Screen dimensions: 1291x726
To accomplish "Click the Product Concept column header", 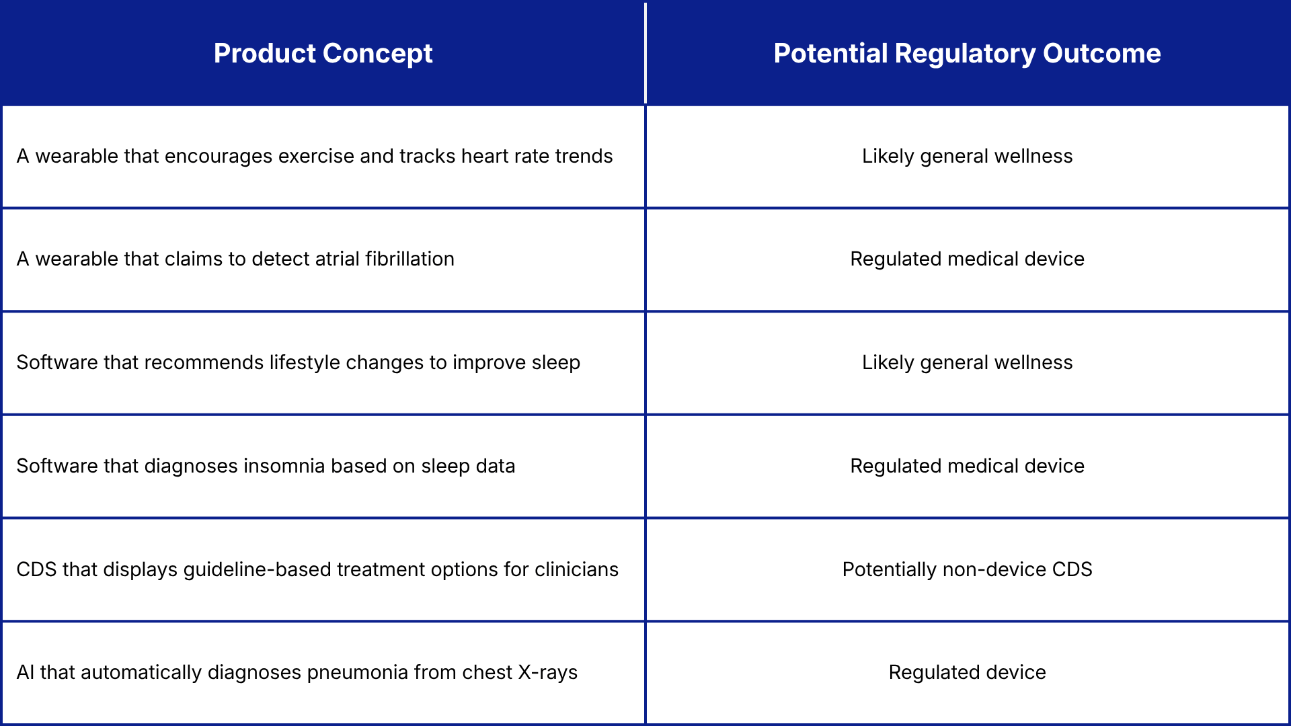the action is point(323,54).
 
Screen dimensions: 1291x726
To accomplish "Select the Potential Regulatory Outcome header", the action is point(967,54).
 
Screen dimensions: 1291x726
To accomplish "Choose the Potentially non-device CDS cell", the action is point(967,569).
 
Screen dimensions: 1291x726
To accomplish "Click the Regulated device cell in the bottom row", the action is point(967,672).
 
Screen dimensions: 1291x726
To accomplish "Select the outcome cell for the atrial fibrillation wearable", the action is point(967,259).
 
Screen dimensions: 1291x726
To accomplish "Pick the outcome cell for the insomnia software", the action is point(967,466).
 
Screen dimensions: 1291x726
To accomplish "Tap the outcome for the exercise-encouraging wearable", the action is point(967,156).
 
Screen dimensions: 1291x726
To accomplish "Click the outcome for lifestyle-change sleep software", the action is point(967,362).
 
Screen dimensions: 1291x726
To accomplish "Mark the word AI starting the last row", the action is point(25,672).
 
